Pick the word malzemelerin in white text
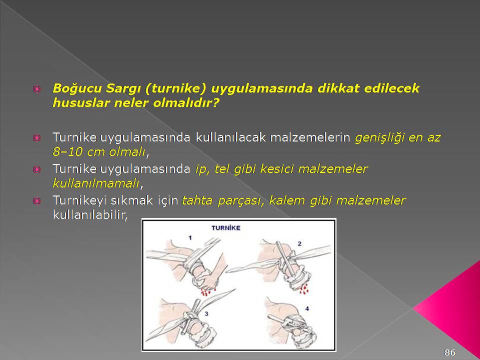pos(310,137)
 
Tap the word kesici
pos(277,168)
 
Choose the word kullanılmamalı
pos(96,183)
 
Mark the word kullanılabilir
pos(89,215)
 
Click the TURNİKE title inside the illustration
pos(226,228)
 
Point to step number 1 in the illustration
pos(190,237)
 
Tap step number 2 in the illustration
pos(299,243)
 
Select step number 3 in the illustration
pos(206,314)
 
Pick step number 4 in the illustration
pos(307,309)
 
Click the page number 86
pos(449,352)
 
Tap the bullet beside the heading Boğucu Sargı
pos(36,89)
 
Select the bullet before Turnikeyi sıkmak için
pos(36,201)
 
